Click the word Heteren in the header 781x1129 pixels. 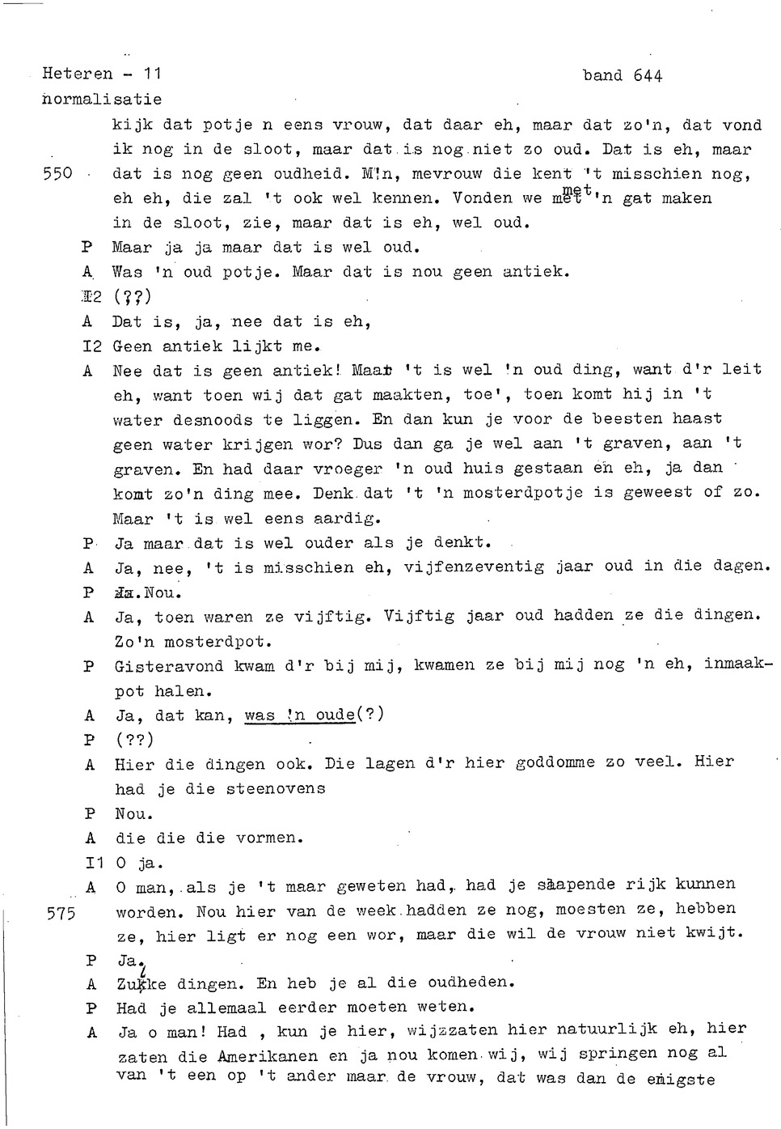click(x=78, y=74)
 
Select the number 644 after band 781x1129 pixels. click(x=648, y=76)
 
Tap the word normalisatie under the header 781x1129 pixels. click(x=102, y=100)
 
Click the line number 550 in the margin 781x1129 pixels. click(x=57, y=174)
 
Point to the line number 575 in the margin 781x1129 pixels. click(x=61, y=914)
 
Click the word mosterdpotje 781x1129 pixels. click(x=517, y=493)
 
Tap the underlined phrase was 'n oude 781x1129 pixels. click(x=300, y=715)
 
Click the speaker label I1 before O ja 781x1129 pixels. click(x=94, y=864)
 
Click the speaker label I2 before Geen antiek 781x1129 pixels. click(x=92, y=346)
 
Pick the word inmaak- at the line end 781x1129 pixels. click(x=738, y=664)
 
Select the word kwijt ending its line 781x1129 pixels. click(x=716, y=933)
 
